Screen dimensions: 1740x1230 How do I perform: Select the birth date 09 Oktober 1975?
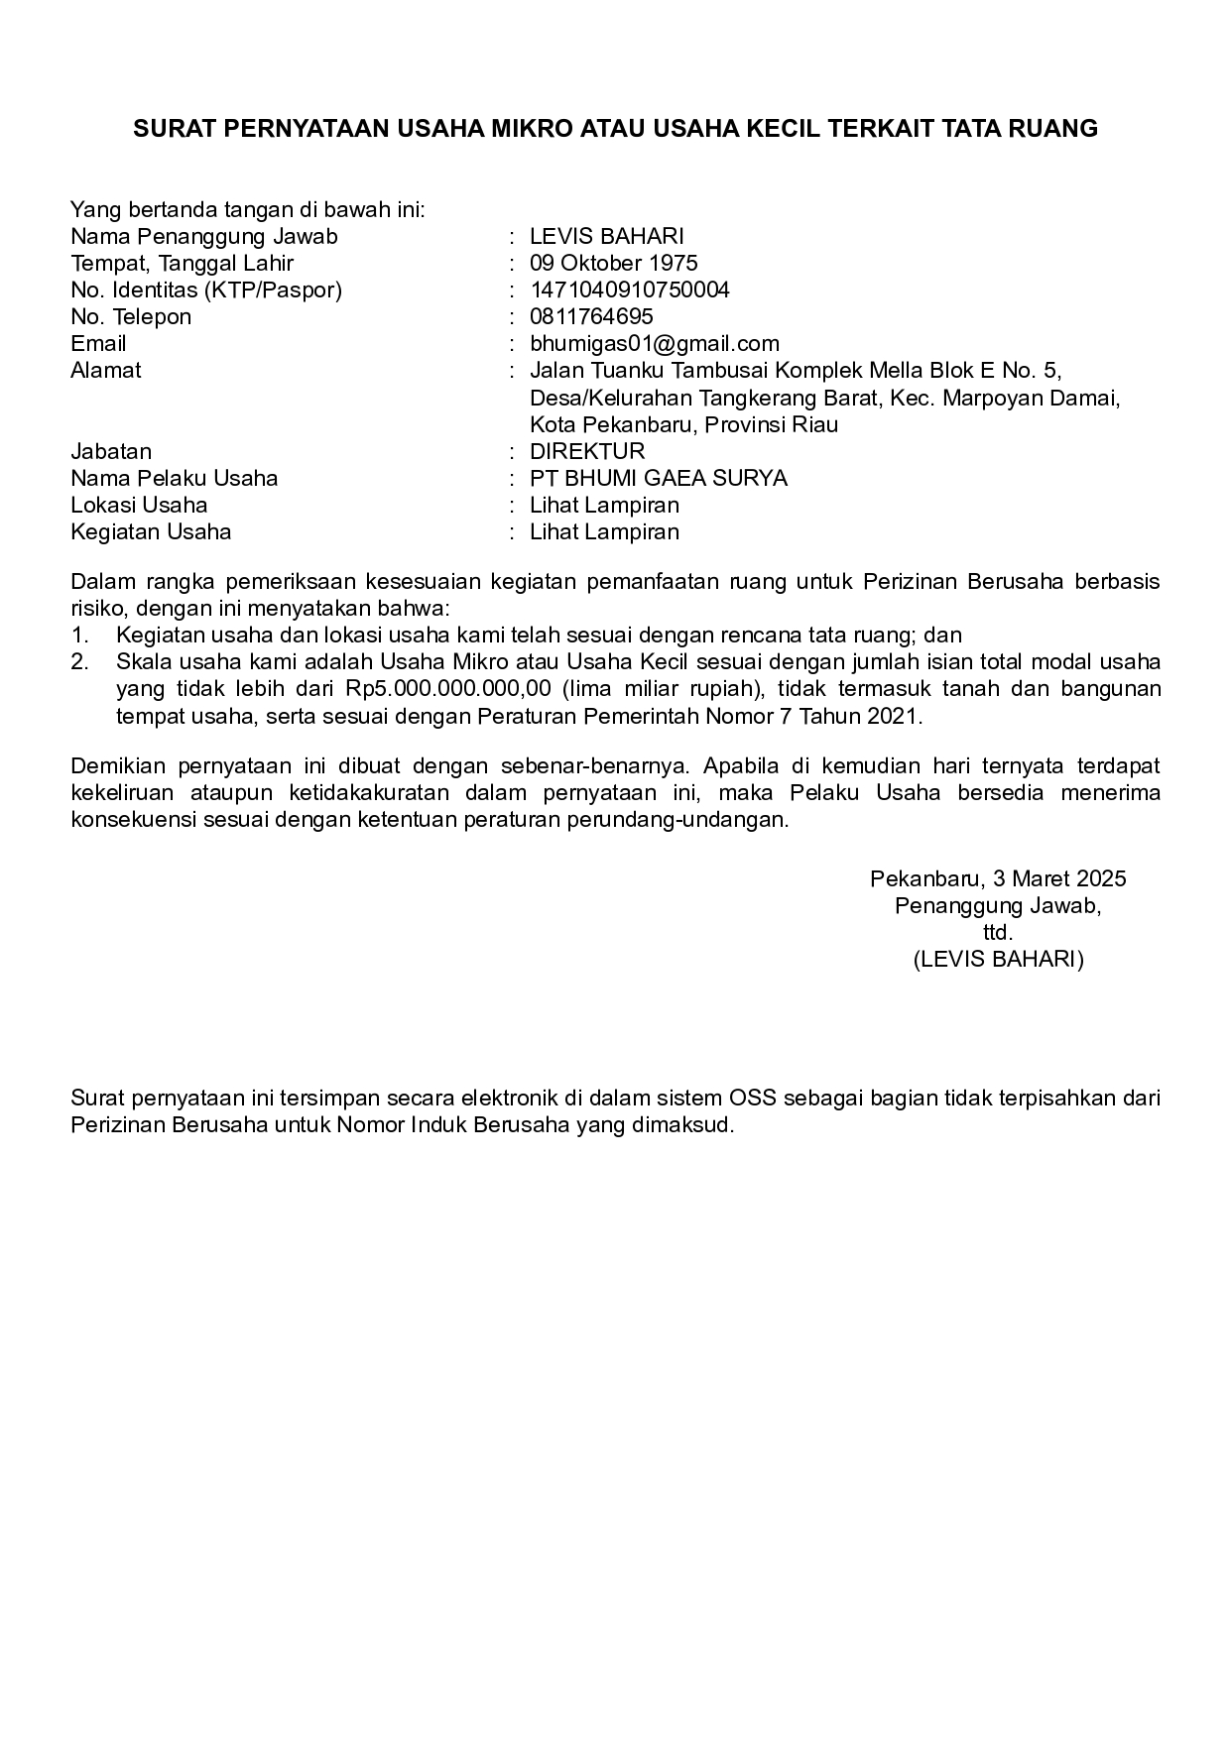tap(613, 263)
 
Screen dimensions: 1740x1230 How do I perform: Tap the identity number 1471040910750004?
tap(630, 290)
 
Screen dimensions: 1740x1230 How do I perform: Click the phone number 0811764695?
tap(591, 316)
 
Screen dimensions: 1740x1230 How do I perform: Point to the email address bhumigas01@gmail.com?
tap(655, 343)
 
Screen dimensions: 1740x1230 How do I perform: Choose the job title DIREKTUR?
tap(587, 451)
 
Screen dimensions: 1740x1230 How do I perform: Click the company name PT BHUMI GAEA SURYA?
tap(659, 478)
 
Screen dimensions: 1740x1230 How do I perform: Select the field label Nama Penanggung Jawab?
tap(204, 236)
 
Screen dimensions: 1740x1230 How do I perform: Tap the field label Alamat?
tap(106, 370)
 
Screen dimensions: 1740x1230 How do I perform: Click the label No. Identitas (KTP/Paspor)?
tap(206, 290)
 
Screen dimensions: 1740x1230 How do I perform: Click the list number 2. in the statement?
tap(80, 661)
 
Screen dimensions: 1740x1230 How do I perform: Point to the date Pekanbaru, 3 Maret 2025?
tap(998, 878)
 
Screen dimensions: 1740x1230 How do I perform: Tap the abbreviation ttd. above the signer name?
tap(998, 932)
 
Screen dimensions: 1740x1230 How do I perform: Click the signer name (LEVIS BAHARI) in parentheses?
tap(998, 959)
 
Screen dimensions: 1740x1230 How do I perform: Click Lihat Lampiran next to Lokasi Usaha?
tap(604, 505)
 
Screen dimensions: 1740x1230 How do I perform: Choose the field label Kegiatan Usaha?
tap(151, 531)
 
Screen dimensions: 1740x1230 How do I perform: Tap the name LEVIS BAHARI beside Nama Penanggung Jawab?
tap(607, 236)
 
